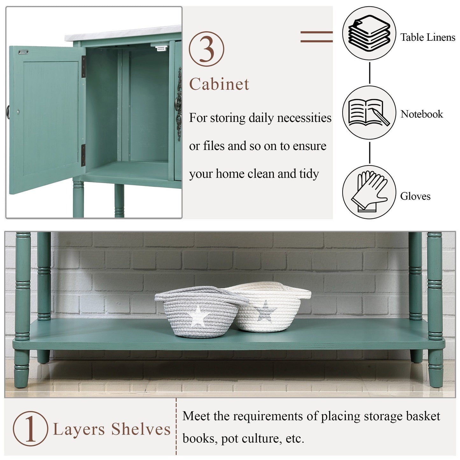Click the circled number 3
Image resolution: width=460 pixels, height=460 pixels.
pyautogui.click(x=206, y=49)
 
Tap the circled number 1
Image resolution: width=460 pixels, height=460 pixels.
pyautogui.click(x=30, y=428)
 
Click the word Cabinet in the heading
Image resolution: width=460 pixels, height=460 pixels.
pyautogui.click(x=219, y=84)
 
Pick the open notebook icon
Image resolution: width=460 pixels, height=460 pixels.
pyautogui.click(x=369, y=112)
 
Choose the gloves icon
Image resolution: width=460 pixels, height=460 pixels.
pyautogui.click(x=369, y=191)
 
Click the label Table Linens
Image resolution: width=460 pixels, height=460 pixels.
pyautogui.click(x=428, y=37)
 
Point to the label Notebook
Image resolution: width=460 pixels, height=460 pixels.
pyautogui.click(x=421, y=114)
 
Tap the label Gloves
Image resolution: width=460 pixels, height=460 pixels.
pyautogui.click(x=415, y=196)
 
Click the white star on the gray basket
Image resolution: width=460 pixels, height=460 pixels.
pyautogui.click(x=198, y=316)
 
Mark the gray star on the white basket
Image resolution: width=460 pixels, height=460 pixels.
pyautogui.click(x=265, y=311)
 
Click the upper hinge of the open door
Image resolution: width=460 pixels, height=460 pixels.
pyautogui.click(x=83, y=67)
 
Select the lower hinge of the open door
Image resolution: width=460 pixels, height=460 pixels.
pyautogui.click(x=83, y=155)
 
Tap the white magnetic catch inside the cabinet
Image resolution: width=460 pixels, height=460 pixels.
pyautogui.click(x=161, y=48)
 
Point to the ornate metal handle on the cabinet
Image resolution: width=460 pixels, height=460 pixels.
pyautogui.click(x=179, y=101)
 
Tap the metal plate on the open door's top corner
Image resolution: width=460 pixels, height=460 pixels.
pyautogui.click(x=23, y=52)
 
